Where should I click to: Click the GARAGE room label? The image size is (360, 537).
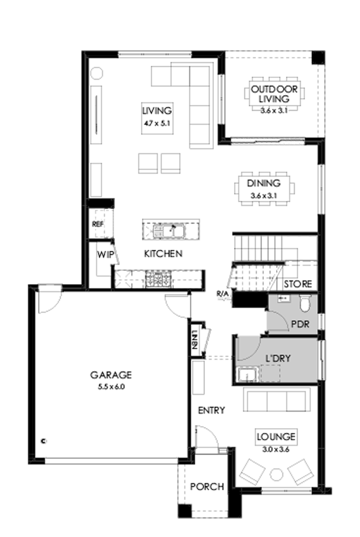tap(111, 375)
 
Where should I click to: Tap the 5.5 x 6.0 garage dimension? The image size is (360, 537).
tap(111, 386)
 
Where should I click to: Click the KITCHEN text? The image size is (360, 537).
tap(163, 254)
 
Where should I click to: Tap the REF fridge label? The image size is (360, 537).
tap(97, 225)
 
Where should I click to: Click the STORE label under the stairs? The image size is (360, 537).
tap(298, 284)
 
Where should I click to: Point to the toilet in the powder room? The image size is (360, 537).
tap(305, 304)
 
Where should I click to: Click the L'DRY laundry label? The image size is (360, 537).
tap(278, 358)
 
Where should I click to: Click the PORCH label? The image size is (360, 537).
tap(207, 486)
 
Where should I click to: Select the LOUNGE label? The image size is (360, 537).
tap(277, 437)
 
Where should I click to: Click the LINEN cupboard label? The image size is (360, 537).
tap(195, 340)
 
